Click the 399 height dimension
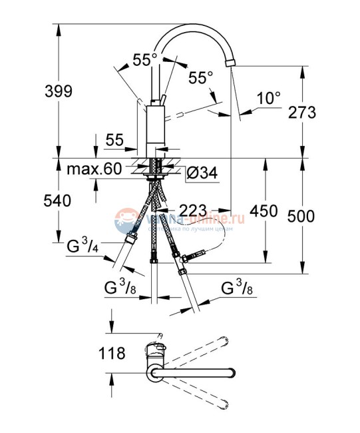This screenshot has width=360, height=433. tap(59, 91)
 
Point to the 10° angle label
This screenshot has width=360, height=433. tap(270, 99)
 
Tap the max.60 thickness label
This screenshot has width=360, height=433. tap(94, 169)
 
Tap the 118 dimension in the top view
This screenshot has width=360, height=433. tap(111, 353)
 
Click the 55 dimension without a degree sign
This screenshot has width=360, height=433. tap(114, 140)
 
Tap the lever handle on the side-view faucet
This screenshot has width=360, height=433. tap(160, 101)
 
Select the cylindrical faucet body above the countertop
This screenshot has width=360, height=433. tap(155, 130)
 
